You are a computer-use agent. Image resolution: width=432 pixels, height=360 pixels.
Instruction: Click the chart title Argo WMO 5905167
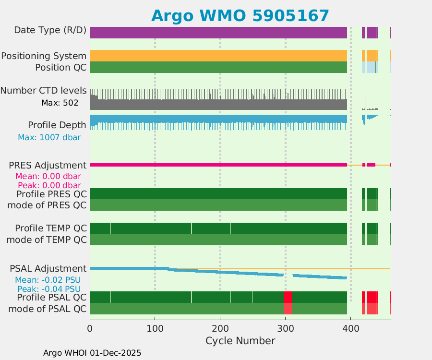click(x=240, y=15)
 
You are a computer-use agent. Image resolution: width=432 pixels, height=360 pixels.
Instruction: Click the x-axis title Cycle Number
click(x=240, y=341)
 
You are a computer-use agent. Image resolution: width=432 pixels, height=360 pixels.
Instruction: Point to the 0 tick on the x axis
click(x=90, y=329)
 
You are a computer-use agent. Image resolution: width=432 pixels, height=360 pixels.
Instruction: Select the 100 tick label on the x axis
click(x=155, y=329)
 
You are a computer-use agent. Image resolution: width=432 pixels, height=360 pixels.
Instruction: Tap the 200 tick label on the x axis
click(x=220, y=329)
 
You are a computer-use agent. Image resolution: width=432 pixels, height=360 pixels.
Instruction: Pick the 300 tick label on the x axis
click(x=285, y=329)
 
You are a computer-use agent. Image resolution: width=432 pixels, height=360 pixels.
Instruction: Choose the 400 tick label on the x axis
click(x=350, y=329)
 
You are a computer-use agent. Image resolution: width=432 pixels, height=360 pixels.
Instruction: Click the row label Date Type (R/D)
click(x=50, y=30)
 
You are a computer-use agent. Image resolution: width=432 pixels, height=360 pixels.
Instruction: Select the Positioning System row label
click(x=44, y=56)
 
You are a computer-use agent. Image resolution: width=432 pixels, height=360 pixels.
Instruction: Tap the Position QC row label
click(x=60, y=67)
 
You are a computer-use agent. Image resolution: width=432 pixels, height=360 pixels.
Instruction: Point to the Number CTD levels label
click(x=43, y=90)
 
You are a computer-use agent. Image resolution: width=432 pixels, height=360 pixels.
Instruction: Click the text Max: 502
click(x=60, y=103)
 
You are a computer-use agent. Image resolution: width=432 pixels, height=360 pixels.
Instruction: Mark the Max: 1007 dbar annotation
click(x=49, y=137)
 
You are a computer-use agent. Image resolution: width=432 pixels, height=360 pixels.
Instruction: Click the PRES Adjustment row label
click(x=48, y=165)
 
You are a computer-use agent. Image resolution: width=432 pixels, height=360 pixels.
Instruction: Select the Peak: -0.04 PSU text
click(x=49, y=289)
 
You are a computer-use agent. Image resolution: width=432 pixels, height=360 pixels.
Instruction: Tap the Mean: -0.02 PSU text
click(x=48, y=280)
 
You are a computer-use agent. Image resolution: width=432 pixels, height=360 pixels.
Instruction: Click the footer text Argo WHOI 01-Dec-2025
click(x=92, y=353)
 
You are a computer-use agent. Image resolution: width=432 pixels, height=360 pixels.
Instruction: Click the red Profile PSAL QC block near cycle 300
click(x=288, y=297)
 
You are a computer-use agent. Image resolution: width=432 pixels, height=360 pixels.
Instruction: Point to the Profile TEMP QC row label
click(x=51, y=228)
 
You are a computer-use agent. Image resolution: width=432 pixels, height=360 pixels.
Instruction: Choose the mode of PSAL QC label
click(x=48, y=309)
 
